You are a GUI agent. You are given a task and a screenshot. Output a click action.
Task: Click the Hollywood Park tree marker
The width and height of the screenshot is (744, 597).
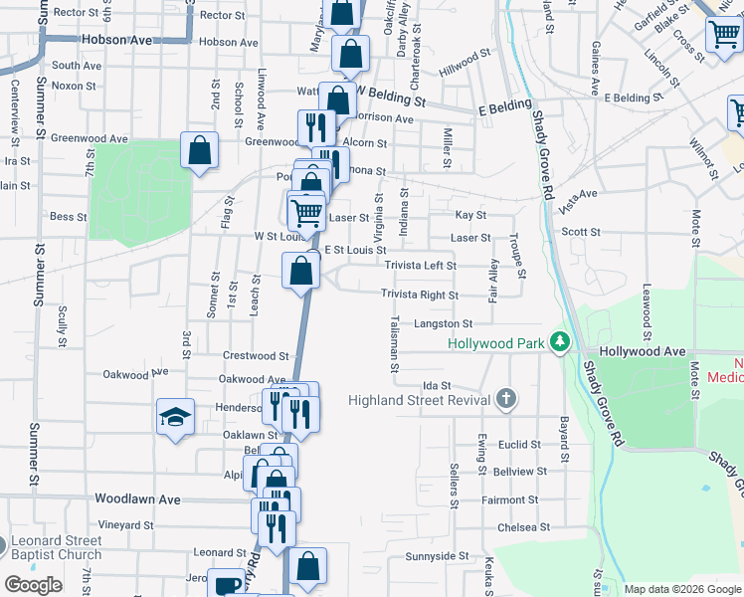click(560, 343)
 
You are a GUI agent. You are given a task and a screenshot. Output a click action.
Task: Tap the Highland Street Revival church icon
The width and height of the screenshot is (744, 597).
click(506, 400)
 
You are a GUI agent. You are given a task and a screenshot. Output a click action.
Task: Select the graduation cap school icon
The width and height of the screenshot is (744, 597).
click(175, 417)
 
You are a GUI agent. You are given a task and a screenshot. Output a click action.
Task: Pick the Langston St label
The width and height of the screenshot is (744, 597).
click(444, 323)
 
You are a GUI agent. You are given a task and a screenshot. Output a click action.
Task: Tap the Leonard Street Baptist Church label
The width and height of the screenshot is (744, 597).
click(56, 547)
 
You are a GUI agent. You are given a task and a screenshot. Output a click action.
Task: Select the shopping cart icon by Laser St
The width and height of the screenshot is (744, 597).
click(306, 211)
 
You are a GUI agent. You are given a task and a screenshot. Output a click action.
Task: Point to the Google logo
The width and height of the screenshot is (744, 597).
click(33, 585)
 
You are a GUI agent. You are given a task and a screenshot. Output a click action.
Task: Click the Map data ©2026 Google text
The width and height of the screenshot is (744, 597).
click(681, 589)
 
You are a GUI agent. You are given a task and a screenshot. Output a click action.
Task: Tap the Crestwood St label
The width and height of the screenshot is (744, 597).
click(256, 355)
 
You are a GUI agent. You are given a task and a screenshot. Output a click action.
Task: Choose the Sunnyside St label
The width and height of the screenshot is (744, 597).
click(437, 555)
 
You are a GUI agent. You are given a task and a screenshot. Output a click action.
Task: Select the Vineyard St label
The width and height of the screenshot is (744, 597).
click(125, 524)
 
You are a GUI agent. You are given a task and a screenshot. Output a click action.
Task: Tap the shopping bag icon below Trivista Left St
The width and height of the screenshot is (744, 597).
click(300, 270)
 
